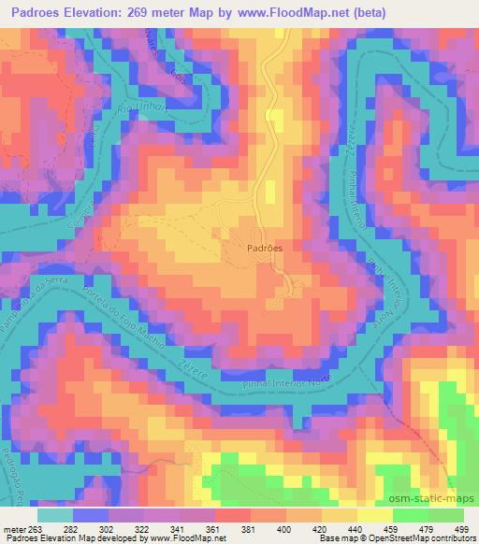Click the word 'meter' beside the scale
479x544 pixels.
17,529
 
